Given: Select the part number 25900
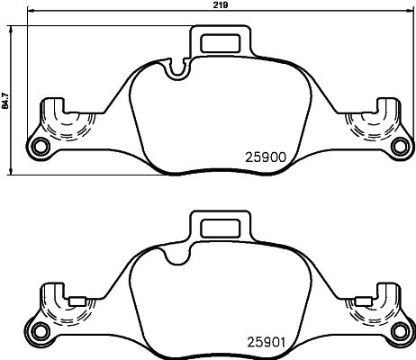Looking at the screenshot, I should coord(266,155).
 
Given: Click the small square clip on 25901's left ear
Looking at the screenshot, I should coord(78,301).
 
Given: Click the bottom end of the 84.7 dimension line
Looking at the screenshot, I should coord(12,175).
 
